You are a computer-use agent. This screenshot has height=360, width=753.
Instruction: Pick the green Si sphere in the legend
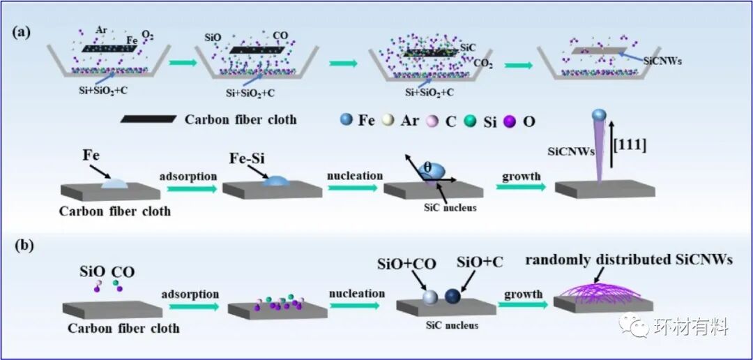pos(471,120)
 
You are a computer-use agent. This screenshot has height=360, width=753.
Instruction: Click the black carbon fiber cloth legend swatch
pos(149,119)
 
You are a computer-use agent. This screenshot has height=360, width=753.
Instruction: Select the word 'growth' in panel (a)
pos(521,176)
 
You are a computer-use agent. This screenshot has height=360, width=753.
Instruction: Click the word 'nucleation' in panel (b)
pos(356,293)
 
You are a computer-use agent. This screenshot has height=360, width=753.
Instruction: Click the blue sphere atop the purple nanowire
pos(598,115)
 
